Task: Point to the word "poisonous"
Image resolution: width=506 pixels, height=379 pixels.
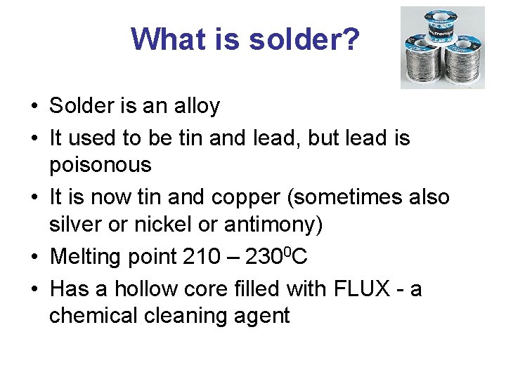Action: click(x=100, y=165)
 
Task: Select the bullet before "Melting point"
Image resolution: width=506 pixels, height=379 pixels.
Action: click(x=34, y=258)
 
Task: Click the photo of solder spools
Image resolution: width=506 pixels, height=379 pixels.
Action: click(x=442, y=47)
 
